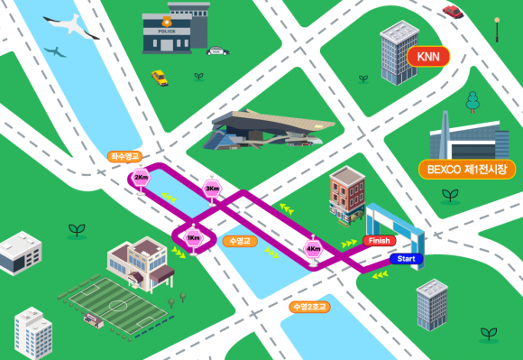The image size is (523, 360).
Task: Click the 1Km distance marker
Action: [x=192, y=237]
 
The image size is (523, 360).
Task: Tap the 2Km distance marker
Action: [x=141, y=178]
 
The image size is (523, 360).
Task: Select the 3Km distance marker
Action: [x=212, y=188]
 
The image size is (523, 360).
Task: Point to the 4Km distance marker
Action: [x=314, y=248]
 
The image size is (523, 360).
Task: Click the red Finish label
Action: [x=380, y=241]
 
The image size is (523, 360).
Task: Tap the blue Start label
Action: [x=407, y=260]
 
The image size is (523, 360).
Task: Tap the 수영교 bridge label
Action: [x=238, y=241]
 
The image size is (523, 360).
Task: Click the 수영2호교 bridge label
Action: [x=308, y=307]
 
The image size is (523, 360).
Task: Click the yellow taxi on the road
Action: [x=160, y=78]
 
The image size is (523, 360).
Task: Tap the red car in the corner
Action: [x=453, y=11]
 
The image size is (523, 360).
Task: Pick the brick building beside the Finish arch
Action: [x=345, y=196]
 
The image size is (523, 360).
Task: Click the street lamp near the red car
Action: [x=497, y=27]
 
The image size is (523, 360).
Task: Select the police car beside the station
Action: [x=217, y=51]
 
